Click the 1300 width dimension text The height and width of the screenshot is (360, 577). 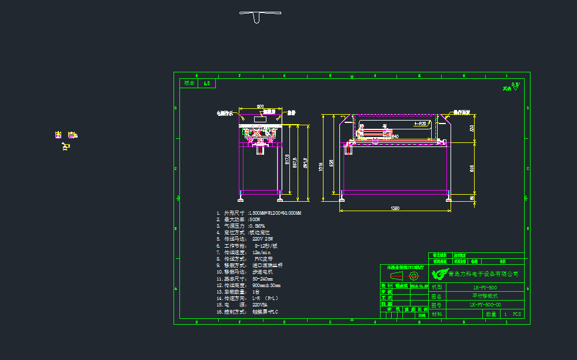point(395,208)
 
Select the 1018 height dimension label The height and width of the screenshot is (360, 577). point(322,166)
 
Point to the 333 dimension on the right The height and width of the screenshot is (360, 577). point(472,128)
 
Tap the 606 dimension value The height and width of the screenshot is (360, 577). point(472,168)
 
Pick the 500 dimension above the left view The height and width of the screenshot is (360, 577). point(259,106)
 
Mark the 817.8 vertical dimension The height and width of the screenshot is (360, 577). point(287,160)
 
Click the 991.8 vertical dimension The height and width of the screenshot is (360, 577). point(305,162)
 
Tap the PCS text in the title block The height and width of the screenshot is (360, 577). point(516,315)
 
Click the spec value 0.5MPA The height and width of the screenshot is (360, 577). point(257,226)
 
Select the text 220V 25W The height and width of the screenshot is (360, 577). point(262,239)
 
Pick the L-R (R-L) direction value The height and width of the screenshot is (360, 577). point(265,298)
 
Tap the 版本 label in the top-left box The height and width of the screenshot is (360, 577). point(189,84)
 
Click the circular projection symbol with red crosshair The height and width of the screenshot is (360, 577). point(413,275)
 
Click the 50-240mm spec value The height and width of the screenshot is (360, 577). point(263,279)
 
